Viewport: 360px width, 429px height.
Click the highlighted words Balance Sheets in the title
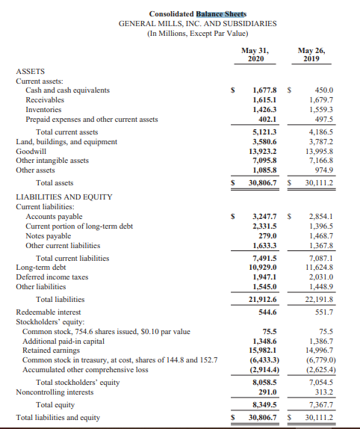coord(222,13)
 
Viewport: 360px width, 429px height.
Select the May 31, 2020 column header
coord(254,54)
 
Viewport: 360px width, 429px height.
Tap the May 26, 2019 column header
coord(310,54)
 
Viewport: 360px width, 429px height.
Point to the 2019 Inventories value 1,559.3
coord(320,109)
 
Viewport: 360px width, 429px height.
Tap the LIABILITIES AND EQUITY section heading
coord(63,197)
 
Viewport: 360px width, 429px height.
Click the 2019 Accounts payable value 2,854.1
coord(320,216)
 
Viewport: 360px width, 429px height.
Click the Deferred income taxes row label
coord(51,277)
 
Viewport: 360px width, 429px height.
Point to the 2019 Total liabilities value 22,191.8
coord(319,300)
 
